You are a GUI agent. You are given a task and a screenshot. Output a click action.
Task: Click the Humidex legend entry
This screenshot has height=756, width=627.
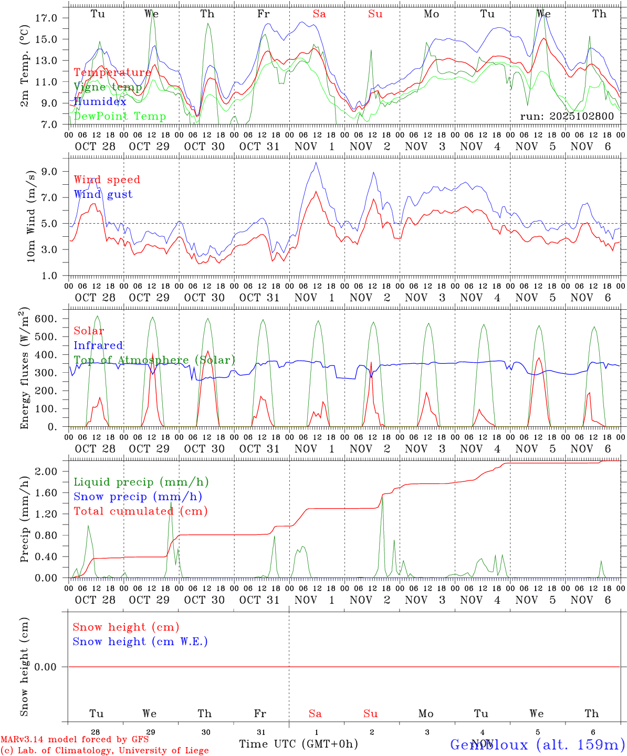click(x=100, y=102)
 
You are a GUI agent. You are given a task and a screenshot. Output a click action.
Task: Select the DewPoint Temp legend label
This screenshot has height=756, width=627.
click(x=120, y=117)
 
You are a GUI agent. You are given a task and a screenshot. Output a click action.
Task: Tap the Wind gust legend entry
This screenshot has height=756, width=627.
click(x=103, y=194)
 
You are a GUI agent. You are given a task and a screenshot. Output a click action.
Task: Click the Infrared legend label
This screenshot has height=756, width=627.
click(x=98, y=345)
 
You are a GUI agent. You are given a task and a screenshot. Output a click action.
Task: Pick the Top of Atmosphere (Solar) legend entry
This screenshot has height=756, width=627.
click(x=154, y=360)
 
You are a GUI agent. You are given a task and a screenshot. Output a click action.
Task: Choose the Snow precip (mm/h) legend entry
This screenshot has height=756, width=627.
click(x=138, y=497)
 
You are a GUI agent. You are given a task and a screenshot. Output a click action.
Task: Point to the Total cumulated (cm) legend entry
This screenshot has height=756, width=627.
click(x=140, y=511)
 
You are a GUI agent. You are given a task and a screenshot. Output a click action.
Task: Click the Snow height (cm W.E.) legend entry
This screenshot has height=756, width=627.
click(x=140, y=642)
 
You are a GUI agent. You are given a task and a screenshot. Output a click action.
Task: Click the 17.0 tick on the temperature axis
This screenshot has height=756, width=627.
click(x=46, y=18)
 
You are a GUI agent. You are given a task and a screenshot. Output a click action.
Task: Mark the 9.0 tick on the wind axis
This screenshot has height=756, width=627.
click(x=49, y=171)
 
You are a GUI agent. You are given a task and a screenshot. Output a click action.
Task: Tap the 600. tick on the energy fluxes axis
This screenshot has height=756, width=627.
click(x=45, y=319)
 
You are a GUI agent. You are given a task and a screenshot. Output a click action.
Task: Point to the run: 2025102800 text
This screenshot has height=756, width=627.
click(x=567, y=117)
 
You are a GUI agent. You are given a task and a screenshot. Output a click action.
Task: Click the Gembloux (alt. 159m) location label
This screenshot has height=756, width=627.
click(x=538, y=744)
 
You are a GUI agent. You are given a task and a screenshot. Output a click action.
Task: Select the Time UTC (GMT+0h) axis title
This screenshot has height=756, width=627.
click(x=298, y=744)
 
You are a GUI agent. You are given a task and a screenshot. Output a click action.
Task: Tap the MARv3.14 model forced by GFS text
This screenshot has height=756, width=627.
click(x=75, y=740)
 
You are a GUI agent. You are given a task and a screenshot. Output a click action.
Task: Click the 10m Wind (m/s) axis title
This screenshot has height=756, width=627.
click(x=31, y=216)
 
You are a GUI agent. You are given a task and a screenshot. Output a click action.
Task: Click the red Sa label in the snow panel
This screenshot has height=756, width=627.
click(x=315, y=713)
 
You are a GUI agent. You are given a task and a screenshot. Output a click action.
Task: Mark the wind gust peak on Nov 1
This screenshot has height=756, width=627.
click(x=316, y=162)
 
